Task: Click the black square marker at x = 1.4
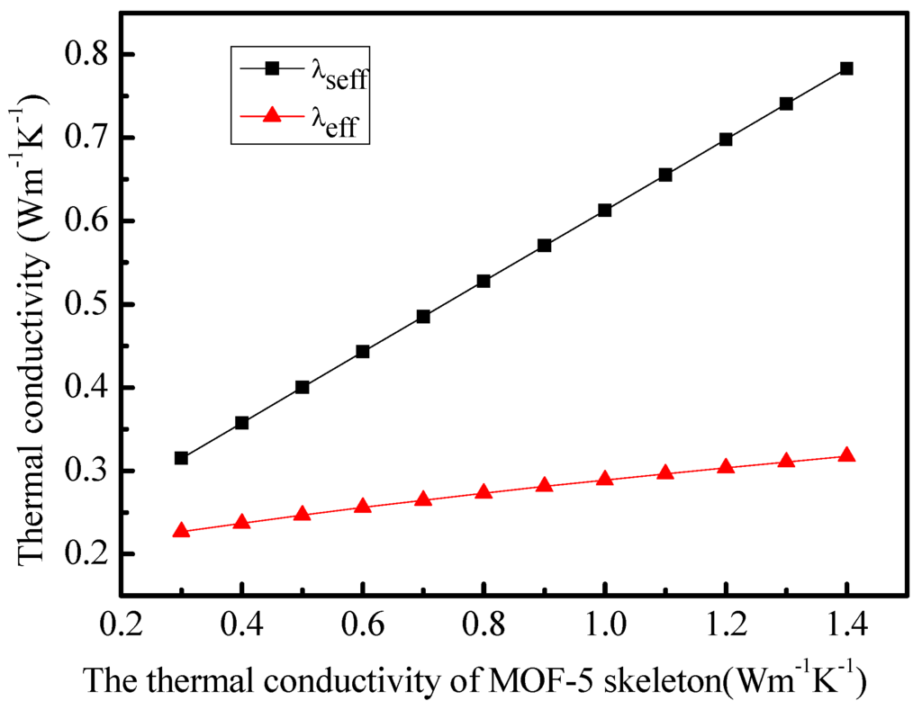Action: (x=845, y=68)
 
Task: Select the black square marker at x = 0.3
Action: (x=181, y=458)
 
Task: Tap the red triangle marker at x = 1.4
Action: (x=845, y=455)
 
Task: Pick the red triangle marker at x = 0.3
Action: (x=181, y=530)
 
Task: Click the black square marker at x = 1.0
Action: (x=604, y=210)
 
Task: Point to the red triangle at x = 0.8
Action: (x=484, y=492)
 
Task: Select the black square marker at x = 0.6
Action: (x=363, y=351)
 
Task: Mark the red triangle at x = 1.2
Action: (x=726, y=467)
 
